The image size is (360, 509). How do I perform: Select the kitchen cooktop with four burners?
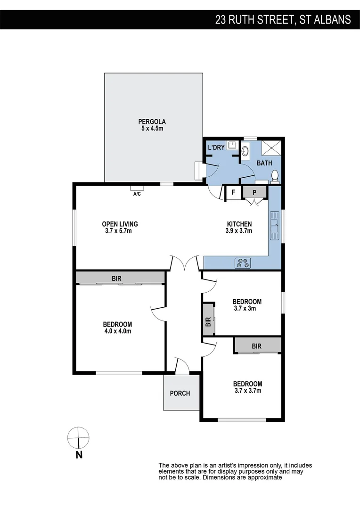[244, 263]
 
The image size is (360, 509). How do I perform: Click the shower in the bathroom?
[271, 148]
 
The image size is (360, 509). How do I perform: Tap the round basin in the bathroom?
[245, 151]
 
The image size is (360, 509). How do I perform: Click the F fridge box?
[233, 192]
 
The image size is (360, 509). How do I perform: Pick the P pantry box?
[254, 192]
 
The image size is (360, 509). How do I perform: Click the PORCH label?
[180, 393]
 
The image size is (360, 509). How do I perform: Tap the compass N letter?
[79, 455]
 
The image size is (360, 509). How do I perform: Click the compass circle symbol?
[78, 438]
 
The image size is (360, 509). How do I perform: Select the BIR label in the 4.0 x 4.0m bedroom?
[116, 279]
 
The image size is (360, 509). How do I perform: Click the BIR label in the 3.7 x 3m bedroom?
[208, 322]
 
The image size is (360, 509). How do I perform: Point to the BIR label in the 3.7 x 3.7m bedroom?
[256, 346]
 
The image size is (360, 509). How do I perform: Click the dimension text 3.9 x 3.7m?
[239, 231]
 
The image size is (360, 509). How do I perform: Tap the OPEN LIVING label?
[120, 224]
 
